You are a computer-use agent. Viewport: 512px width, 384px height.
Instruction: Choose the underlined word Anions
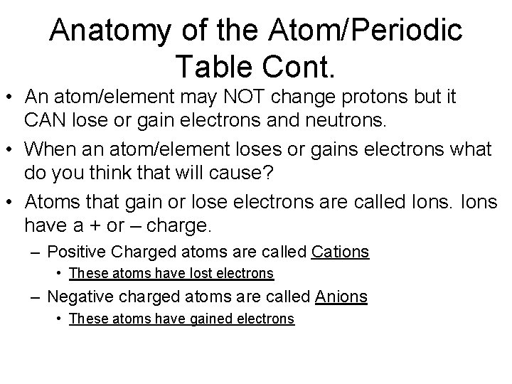(341, 297)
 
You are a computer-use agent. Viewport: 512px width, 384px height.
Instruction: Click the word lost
(206, 273)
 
